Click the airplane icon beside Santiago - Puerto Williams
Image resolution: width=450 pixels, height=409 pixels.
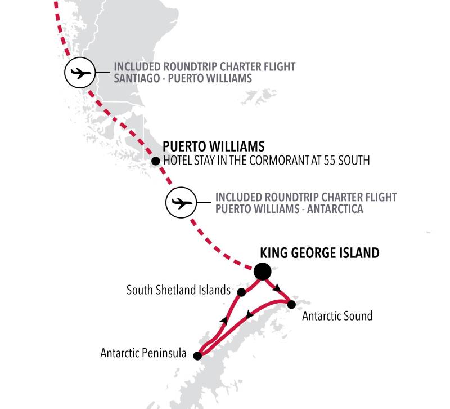[80, 73]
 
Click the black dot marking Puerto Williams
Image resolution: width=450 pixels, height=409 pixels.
[156, 161]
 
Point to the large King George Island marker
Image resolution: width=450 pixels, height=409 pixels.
[262, 272]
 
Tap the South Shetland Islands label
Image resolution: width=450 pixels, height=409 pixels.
[178, 290]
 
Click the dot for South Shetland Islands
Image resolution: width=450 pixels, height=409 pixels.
[241, 292]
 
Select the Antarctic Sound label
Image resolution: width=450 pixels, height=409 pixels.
[337, 315]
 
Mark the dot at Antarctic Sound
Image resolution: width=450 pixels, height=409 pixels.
[291, 305]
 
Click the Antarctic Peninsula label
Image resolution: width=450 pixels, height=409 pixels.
[143, 354]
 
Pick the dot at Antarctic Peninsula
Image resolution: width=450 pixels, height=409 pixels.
[197, 356]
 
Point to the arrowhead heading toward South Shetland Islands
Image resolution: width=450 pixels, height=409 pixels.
[224, 319]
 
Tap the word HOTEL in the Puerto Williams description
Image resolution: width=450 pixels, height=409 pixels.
[177, 161]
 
